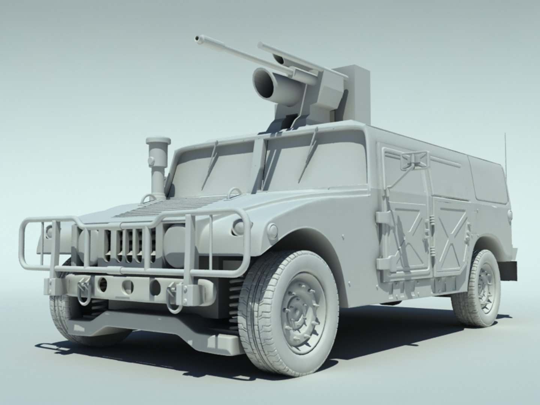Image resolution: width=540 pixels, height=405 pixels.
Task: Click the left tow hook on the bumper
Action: tap(83, 288)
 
